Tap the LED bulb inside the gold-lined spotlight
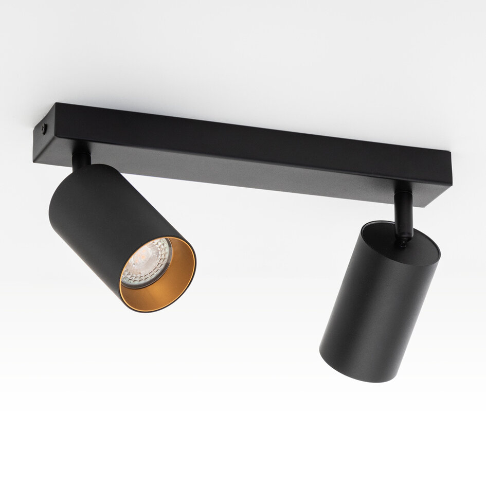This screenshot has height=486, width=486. (145, 263)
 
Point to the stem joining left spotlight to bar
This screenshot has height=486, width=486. (80, 159)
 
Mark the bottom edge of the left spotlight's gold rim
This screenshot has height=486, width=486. (149, 309)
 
